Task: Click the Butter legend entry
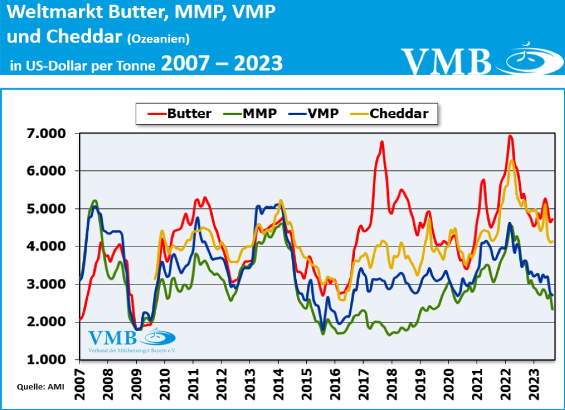(x=180, y=114)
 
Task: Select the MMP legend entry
(x=251, y=114)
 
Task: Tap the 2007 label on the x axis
(x=79, y=377)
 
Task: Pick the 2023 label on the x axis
(x=534, y=377)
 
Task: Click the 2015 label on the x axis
(x=307, y=377)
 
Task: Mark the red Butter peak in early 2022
(x=510, y=136)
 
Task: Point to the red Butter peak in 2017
(x=381, y=142)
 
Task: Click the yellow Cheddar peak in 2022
(x=513, y=160)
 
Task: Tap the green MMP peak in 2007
(x=94, y=201)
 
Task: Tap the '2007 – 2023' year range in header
(x=222, y=63)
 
